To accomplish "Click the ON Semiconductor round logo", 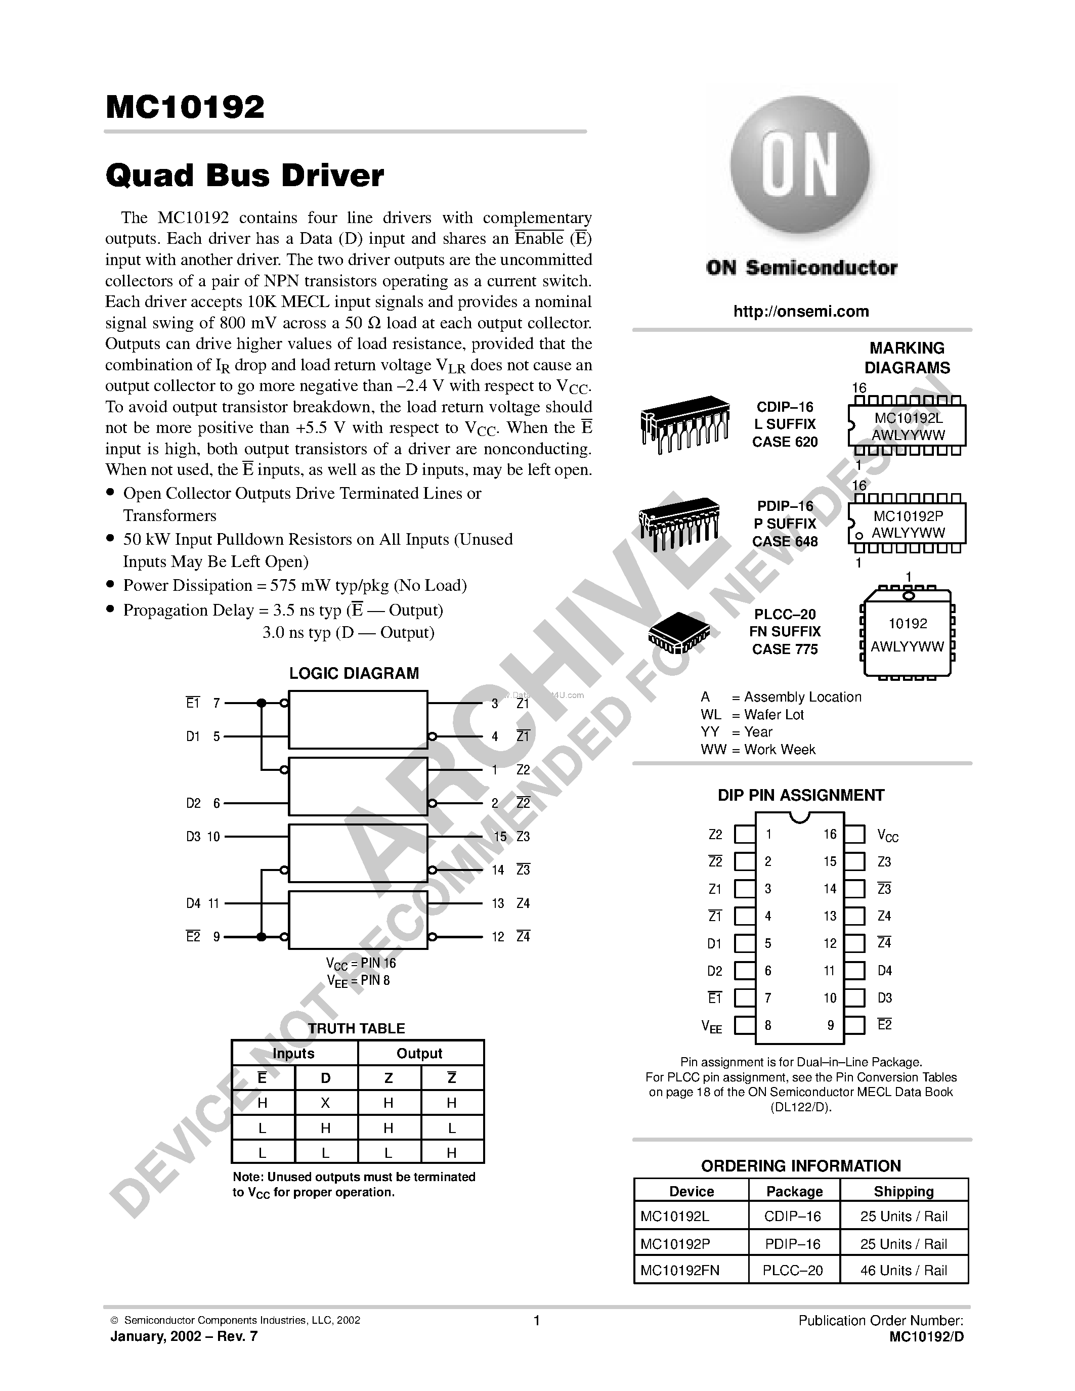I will coord(800,167).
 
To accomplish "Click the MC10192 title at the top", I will coord(185,108).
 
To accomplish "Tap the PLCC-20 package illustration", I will coord(679,632).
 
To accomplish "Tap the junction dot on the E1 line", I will coord(261,703).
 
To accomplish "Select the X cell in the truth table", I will coord(325,1103).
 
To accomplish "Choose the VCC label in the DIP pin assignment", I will coord(887,836).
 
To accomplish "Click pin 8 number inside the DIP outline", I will coord(768,1025).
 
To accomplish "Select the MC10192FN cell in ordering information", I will coord(679,1270).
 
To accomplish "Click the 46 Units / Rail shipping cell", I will coord(904,1270).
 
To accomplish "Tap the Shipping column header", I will coord(904,1191).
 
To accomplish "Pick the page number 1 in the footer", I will coord(537,1320).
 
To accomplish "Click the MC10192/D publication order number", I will coord(927,1337).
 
